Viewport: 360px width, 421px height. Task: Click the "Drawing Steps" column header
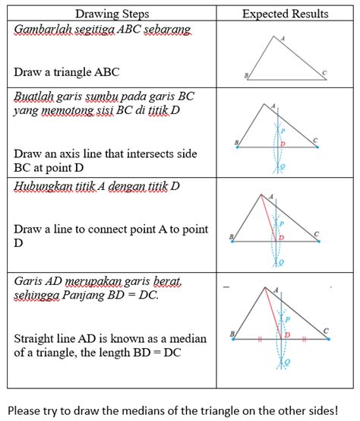(112, 14)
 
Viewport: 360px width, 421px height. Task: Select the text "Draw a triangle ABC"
(66, 73)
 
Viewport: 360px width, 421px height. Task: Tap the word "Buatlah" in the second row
(34, 97)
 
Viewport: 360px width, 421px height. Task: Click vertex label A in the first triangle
(283, 38)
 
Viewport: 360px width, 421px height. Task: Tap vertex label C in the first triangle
(324, 72)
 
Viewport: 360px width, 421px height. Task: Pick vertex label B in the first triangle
(245, 75)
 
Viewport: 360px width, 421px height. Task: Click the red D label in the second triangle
(283, 143)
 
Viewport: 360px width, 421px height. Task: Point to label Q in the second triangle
(283, 166)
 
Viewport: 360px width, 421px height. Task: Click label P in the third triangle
(281, 223)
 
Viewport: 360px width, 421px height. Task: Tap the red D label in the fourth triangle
(287, 334)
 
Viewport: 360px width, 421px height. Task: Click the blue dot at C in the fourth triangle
(327, 340)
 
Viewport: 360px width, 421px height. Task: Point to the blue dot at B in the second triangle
(238, 147)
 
